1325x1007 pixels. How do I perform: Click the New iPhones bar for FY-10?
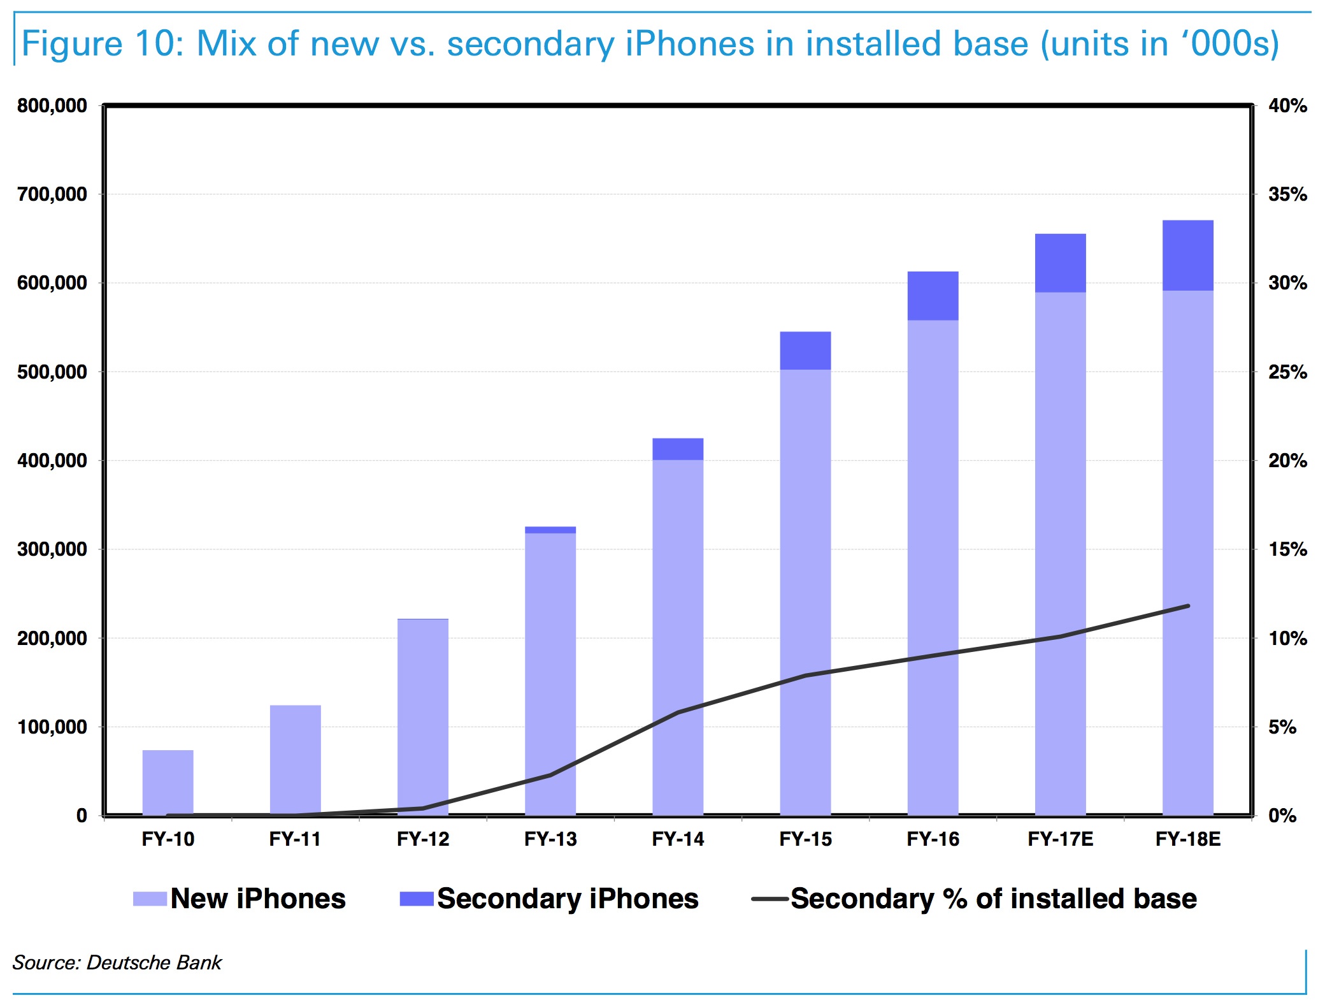(x=168, y=783)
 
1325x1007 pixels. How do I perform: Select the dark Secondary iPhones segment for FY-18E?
(x=1187, y=256)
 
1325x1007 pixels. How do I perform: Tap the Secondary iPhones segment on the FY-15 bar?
(x=805, y=351)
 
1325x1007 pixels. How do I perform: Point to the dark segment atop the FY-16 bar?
(x=933, y=296)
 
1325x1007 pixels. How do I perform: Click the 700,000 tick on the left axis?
(x=52, y=194)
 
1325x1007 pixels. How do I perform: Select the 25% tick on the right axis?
(x=1287, y=372)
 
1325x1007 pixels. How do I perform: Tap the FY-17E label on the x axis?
(x=1060, y=839)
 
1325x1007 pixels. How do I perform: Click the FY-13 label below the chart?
(x=550, y=839)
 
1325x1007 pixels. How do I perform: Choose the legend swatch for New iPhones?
(x=150, y=899)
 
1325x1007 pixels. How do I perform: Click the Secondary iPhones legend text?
(x=568, y=899)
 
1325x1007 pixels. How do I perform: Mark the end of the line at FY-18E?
(x=1188, y=606)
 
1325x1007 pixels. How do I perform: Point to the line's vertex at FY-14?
(x=678, y=712)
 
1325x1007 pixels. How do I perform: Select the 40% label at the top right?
(x=1287, y=106)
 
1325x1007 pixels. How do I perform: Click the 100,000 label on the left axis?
(x=52, y=727)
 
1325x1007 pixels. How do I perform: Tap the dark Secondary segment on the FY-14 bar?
(x=678, y=449)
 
